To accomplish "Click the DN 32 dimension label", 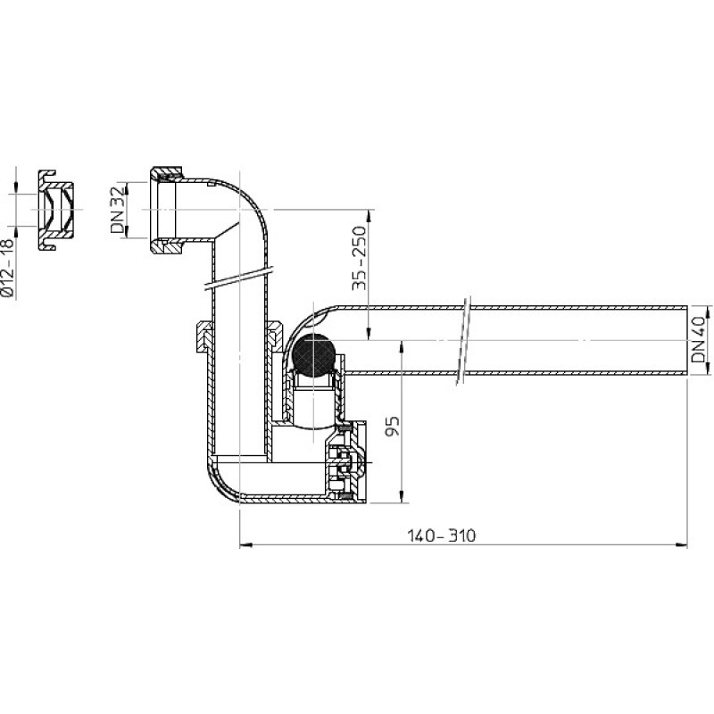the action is (118, 210).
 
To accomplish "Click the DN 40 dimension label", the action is (698, 340).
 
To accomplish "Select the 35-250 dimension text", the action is (360, 258).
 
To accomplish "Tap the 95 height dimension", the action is (393, 427).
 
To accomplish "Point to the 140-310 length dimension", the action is (441, 535).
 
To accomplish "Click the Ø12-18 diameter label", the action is (8, 269).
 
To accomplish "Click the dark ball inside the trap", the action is (314, 355).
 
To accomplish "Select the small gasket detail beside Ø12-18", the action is (55, 210).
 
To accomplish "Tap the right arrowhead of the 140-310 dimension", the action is (681, 544).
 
